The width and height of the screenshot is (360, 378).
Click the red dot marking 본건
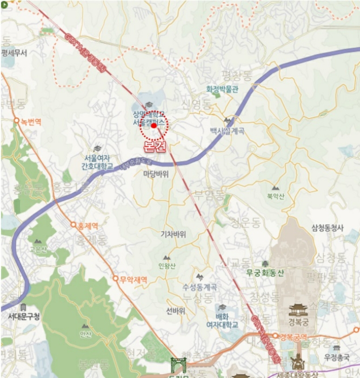tap(154, 125)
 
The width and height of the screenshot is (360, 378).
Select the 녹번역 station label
tap(30, 122)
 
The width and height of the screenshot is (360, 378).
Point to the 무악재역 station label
tap(133, 279)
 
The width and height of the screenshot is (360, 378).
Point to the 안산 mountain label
tap(85, 335)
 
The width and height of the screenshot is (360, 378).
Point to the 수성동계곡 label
tap(199, 286)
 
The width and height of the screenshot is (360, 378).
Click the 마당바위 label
tap(156, 174)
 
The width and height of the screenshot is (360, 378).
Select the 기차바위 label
tap(173, 234)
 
